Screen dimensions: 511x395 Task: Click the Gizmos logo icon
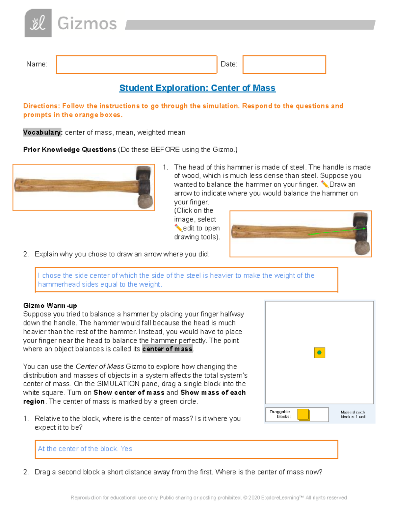(38, 23)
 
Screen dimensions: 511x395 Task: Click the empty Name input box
(136, 64)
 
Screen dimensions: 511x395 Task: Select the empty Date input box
(284, 64)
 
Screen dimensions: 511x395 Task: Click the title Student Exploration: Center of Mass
(197, 88)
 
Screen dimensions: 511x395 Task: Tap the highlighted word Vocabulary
(42, 132)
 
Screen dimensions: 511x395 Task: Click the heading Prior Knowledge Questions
(69, 150)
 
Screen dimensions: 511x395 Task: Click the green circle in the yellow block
(319, 353)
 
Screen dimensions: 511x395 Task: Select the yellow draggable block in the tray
(303, 414)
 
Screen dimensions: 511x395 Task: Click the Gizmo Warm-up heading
(50, 305)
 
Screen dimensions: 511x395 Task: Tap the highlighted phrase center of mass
(167, 349)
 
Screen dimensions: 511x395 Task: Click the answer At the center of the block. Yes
(85, 449)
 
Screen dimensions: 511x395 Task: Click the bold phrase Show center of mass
(129, 393)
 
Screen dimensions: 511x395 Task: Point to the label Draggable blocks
(280, 414)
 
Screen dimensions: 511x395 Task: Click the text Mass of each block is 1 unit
(353, 414)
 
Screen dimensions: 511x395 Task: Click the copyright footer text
(209, 498)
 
